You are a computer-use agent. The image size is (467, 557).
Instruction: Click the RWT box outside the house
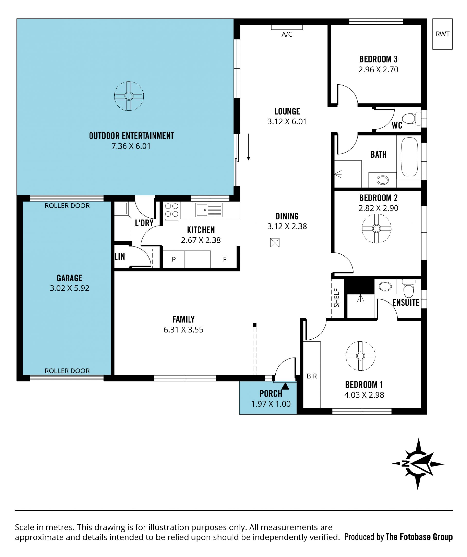click(x=442, y=34)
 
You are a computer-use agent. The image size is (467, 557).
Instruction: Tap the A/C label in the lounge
click(x=287, y=34)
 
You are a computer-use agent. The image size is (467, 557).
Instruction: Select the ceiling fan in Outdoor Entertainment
click(x=129, y=96)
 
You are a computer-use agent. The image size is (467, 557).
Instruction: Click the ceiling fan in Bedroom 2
click(x=376, y=228)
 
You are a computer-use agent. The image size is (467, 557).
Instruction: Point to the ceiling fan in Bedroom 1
click(x=360, y=356)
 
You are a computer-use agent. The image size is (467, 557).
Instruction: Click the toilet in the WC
click(x=411, y=118)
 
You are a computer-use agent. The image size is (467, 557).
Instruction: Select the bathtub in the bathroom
click(x=410, y=157)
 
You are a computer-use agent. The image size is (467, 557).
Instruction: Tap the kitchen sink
click(x=209, y=210)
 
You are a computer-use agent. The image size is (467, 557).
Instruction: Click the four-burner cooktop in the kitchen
click(x=171, y=210)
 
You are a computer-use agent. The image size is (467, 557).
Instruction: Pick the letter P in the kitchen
click(x=174, y=259)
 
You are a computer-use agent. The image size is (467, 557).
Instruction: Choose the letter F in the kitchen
click(x=225, y=259)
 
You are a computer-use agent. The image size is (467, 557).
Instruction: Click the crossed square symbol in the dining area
click(x=275, y=242)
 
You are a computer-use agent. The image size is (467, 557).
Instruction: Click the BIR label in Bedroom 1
click(x=312, y=376)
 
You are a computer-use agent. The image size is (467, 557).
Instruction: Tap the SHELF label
click(x=337, y=298)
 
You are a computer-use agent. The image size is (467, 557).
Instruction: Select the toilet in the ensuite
click(x=409, y=289)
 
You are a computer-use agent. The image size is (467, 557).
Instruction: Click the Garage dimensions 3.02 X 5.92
click(x=69, y=288)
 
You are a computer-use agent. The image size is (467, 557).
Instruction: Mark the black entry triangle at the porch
click(x=285, y=386)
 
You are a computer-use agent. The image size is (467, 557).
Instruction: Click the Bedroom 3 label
click(x=378, y=59)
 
